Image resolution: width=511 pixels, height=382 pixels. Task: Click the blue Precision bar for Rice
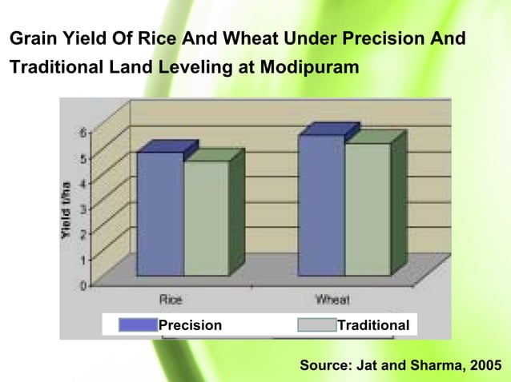click(160, 213)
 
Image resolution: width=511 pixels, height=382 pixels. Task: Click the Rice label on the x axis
click(171, 300)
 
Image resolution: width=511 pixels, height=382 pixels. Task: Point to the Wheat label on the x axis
click(332, 300)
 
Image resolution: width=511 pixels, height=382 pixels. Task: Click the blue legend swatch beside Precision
click(137, 325)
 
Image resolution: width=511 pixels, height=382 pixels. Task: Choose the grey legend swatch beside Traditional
click(316, 325)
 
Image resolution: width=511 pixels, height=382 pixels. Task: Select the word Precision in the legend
click(190, 325)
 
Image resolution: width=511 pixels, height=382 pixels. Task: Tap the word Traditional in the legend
click(373, 325)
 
